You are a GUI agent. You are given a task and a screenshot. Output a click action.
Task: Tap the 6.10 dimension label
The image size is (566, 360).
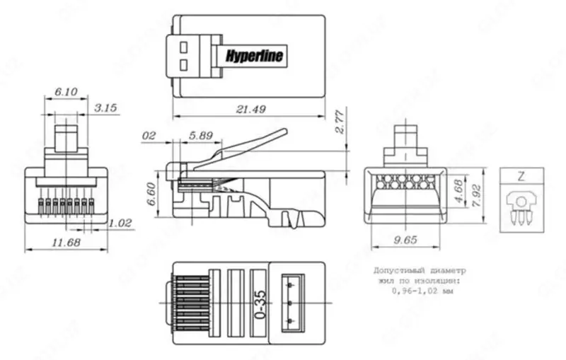click(66, 92)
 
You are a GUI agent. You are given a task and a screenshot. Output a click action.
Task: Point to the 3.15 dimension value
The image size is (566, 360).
click(105, 108)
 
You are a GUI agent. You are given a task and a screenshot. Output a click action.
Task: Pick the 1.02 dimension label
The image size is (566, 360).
click(121, 223)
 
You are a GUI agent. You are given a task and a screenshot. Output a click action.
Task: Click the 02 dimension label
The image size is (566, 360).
click(149, 134)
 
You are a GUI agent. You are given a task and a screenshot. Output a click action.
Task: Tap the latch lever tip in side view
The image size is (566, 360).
click(285, 132)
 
